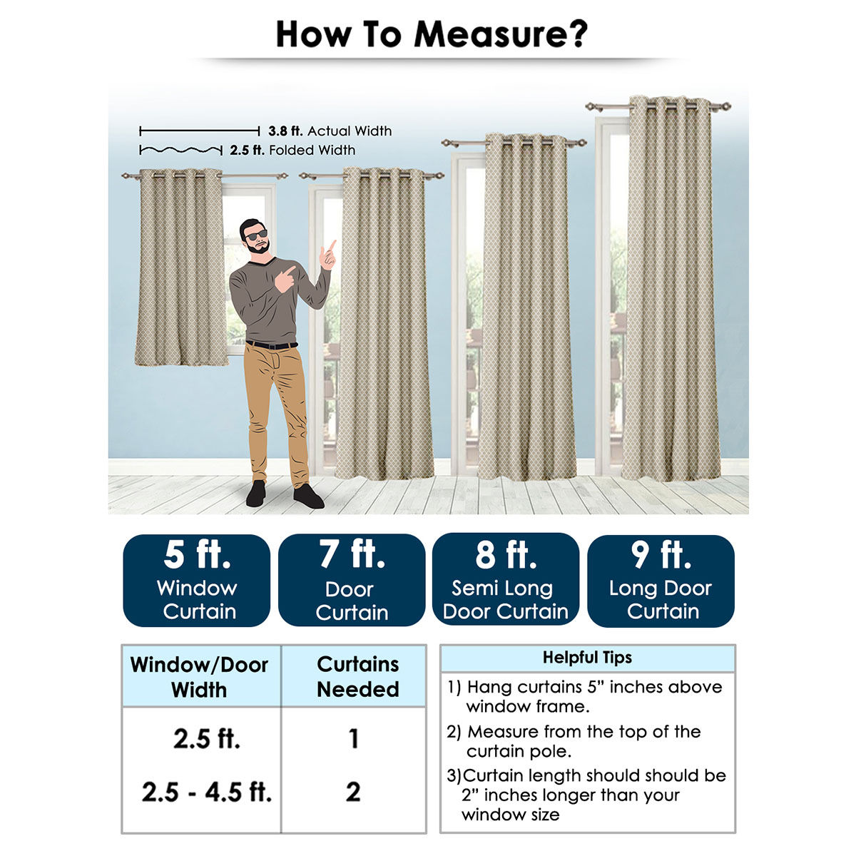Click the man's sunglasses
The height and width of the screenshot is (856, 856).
click(x=256, y=235)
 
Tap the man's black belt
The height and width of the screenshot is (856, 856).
click(x=271, y=345)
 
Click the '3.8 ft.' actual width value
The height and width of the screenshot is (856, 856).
click(x=285, y=131)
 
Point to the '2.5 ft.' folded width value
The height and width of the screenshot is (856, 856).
click(x=247, y=150)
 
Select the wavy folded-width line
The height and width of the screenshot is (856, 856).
click(x=180, y=150)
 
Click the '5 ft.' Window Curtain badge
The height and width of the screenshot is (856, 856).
click(x=197, y=581)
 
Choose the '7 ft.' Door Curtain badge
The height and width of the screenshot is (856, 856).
click(x=352, y=581)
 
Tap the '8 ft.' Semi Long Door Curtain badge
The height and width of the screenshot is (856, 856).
click(x=506, y=580)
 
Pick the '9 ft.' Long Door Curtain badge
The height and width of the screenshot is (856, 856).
click(x=661, y=581)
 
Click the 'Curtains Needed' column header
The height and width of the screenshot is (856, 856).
click(x=357, y=676)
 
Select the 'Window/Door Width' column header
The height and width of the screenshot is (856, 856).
click(x=199, y=677)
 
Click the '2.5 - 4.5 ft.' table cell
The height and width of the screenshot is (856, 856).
click(x=207, y=792)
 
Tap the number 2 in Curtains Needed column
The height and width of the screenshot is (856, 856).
click(x=353, y=792)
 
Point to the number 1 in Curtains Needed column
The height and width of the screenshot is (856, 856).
click(x=354, y=739)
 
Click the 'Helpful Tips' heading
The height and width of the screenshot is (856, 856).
click(x=587, y=658)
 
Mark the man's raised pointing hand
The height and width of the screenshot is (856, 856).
click(x=328, y=255)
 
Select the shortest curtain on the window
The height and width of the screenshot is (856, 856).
click(x=181, y=267)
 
